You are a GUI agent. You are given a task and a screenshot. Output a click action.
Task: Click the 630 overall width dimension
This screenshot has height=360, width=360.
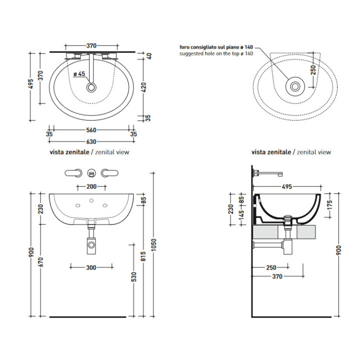coord(91,141)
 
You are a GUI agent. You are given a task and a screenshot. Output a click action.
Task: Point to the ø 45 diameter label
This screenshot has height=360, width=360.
coord(79,74)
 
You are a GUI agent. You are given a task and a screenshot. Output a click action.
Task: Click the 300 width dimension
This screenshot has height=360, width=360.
coord(90,267)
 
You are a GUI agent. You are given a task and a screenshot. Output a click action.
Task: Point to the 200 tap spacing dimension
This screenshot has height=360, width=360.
coord(90,186)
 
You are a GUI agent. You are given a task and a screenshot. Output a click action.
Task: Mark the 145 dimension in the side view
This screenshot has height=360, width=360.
coord(242,215)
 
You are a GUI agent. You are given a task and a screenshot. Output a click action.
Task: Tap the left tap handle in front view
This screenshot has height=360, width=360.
coord(74,173)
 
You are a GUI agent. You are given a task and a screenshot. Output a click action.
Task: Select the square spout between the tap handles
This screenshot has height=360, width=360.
coord(91,173)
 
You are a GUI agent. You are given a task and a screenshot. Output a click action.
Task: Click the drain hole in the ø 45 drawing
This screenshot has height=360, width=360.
coord(91,87)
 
